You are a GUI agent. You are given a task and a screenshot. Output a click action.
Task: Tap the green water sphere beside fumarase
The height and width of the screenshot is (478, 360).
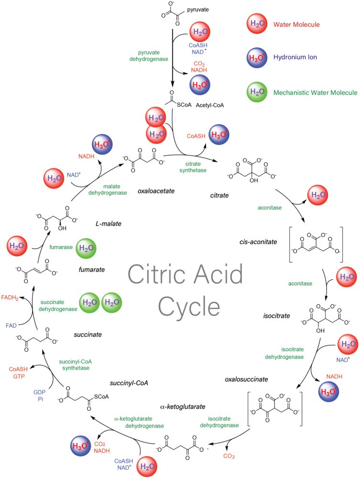(85, 248)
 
